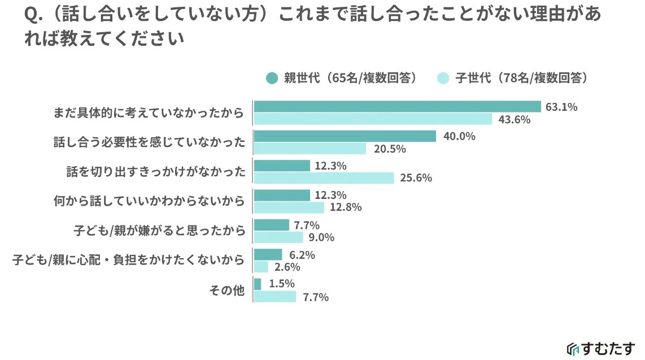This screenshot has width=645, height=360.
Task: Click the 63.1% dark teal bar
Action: tap(398, 107)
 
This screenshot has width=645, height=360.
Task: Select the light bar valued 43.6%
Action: tap(373, 119)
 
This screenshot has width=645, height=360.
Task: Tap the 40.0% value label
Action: tap(459, 136)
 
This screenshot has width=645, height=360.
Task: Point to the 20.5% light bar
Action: tap(310, 149)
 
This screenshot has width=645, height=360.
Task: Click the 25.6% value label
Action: tap(416, 178)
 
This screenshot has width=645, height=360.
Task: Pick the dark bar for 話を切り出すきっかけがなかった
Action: tap(282, 166)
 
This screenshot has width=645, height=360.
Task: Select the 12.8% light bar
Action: tap(289, 207)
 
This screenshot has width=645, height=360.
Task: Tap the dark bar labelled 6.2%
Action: tap(268, 254)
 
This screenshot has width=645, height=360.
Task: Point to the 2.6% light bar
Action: tap(261, 267)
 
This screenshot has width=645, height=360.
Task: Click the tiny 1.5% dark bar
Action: tap(258, 284)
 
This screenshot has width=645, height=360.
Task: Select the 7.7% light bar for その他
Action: tap(275, 296)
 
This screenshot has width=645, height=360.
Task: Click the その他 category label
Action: tap(226, 290)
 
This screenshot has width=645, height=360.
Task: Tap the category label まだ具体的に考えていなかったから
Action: tap(149, 113)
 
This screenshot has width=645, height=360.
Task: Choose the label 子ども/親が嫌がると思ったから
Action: tap(160, 231)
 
